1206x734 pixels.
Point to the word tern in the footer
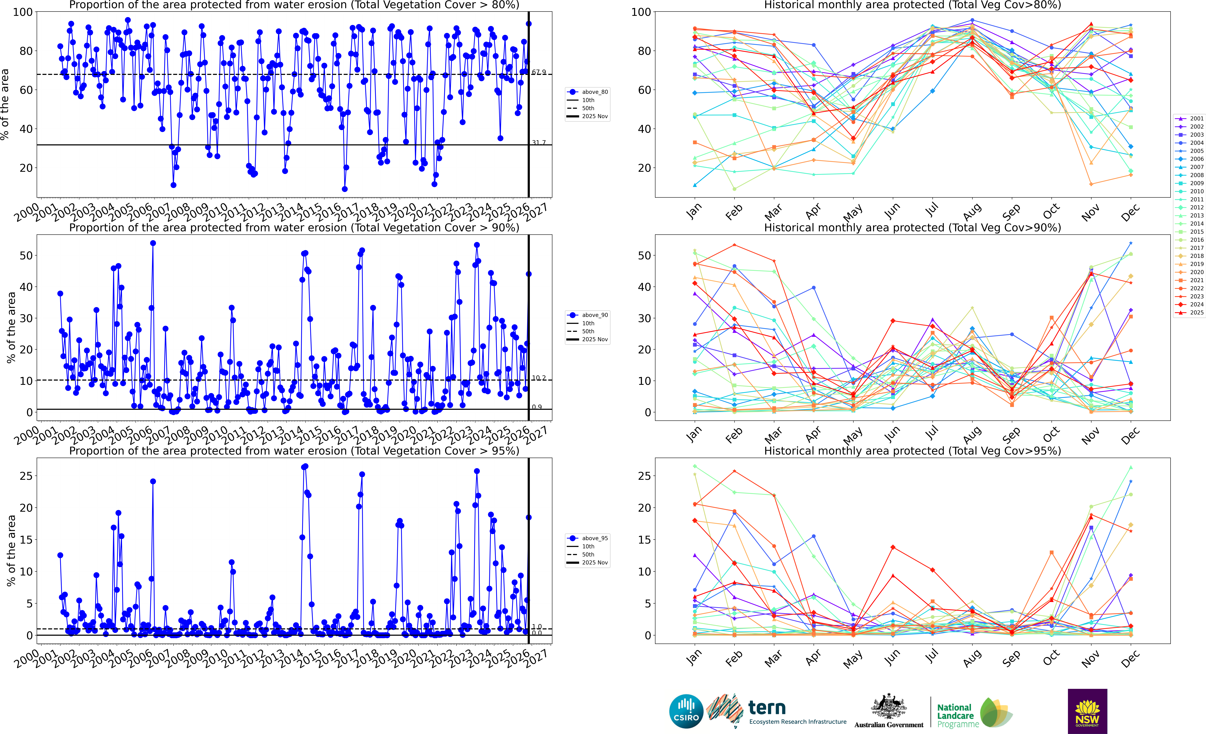pyautogui.click(x=767, y=708)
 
